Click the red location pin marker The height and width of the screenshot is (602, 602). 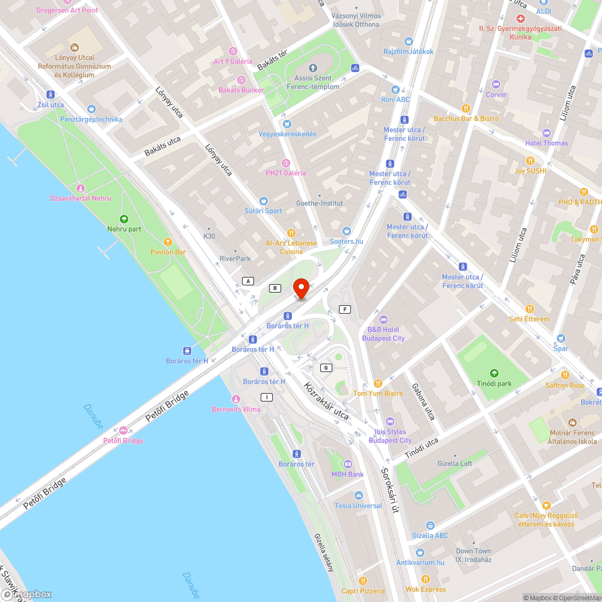click(x=300, y=288)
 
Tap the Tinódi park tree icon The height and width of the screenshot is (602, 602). click(x=494, y=373)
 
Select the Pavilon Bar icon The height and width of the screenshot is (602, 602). click(x=168, y=241)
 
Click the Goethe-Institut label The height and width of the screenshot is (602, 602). click(x=320, y=203)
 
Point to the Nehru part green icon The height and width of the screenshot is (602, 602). click(x=124, y=219)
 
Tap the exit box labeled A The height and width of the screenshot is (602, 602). click(x=247, y=281)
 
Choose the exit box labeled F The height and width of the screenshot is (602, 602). click(x=345, y=309)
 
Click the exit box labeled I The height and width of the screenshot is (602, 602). click(x=266, y=397)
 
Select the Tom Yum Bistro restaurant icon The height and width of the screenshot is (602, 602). click(x=378, y=383)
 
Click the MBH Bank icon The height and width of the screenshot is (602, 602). click(x=347, y=464)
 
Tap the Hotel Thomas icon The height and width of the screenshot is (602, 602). click(x=546, y=133)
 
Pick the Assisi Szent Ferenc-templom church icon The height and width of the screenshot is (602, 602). click(x=312, y=67)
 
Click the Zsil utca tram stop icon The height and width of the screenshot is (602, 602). click(x=50, y=95)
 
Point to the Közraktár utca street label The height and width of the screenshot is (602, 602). click(x=326, y=401)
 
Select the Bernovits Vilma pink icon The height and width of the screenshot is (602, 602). click(x=236, y=399)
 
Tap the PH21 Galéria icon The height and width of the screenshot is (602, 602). click(x=286, y=163)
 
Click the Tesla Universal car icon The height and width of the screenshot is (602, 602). click(x=359, y=495)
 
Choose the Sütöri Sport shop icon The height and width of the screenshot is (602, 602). click(x=263, y=200)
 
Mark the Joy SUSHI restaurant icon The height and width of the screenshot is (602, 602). click(x=530, y=161)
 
